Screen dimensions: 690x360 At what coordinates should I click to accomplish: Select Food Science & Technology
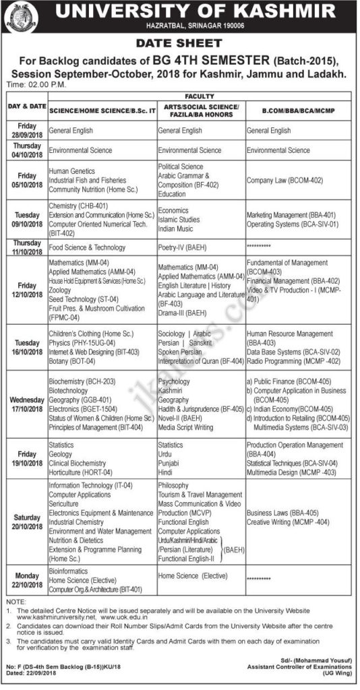click(87, 247)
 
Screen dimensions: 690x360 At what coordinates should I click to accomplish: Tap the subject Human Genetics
click(71, 172)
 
